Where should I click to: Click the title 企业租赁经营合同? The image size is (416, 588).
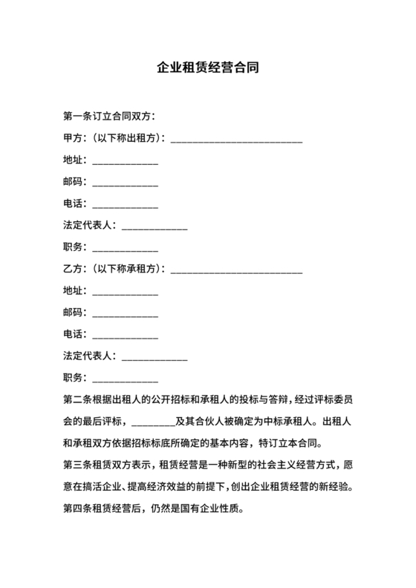click(207, 68)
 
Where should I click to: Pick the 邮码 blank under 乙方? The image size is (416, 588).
click(124, 313)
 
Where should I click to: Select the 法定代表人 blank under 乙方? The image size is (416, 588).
click(154, 356)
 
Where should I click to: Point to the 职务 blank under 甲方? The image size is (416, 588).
click(124, 249)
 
